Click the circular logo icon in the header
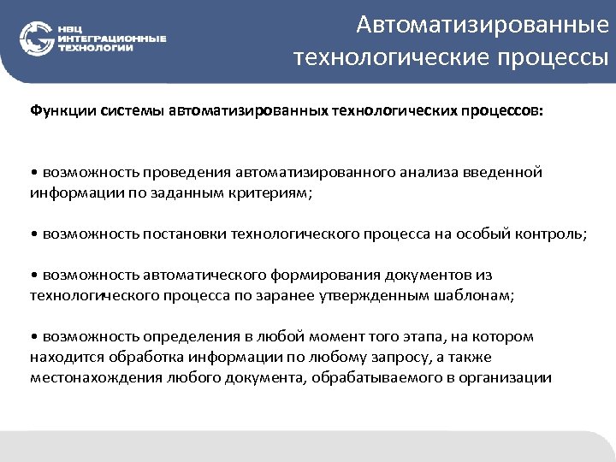coord(37,38)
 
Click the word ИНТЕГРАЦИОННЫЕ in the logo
coord(112,38)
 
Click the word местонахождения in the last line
coord(86,377)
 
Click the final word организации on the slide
coord(508,377)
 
